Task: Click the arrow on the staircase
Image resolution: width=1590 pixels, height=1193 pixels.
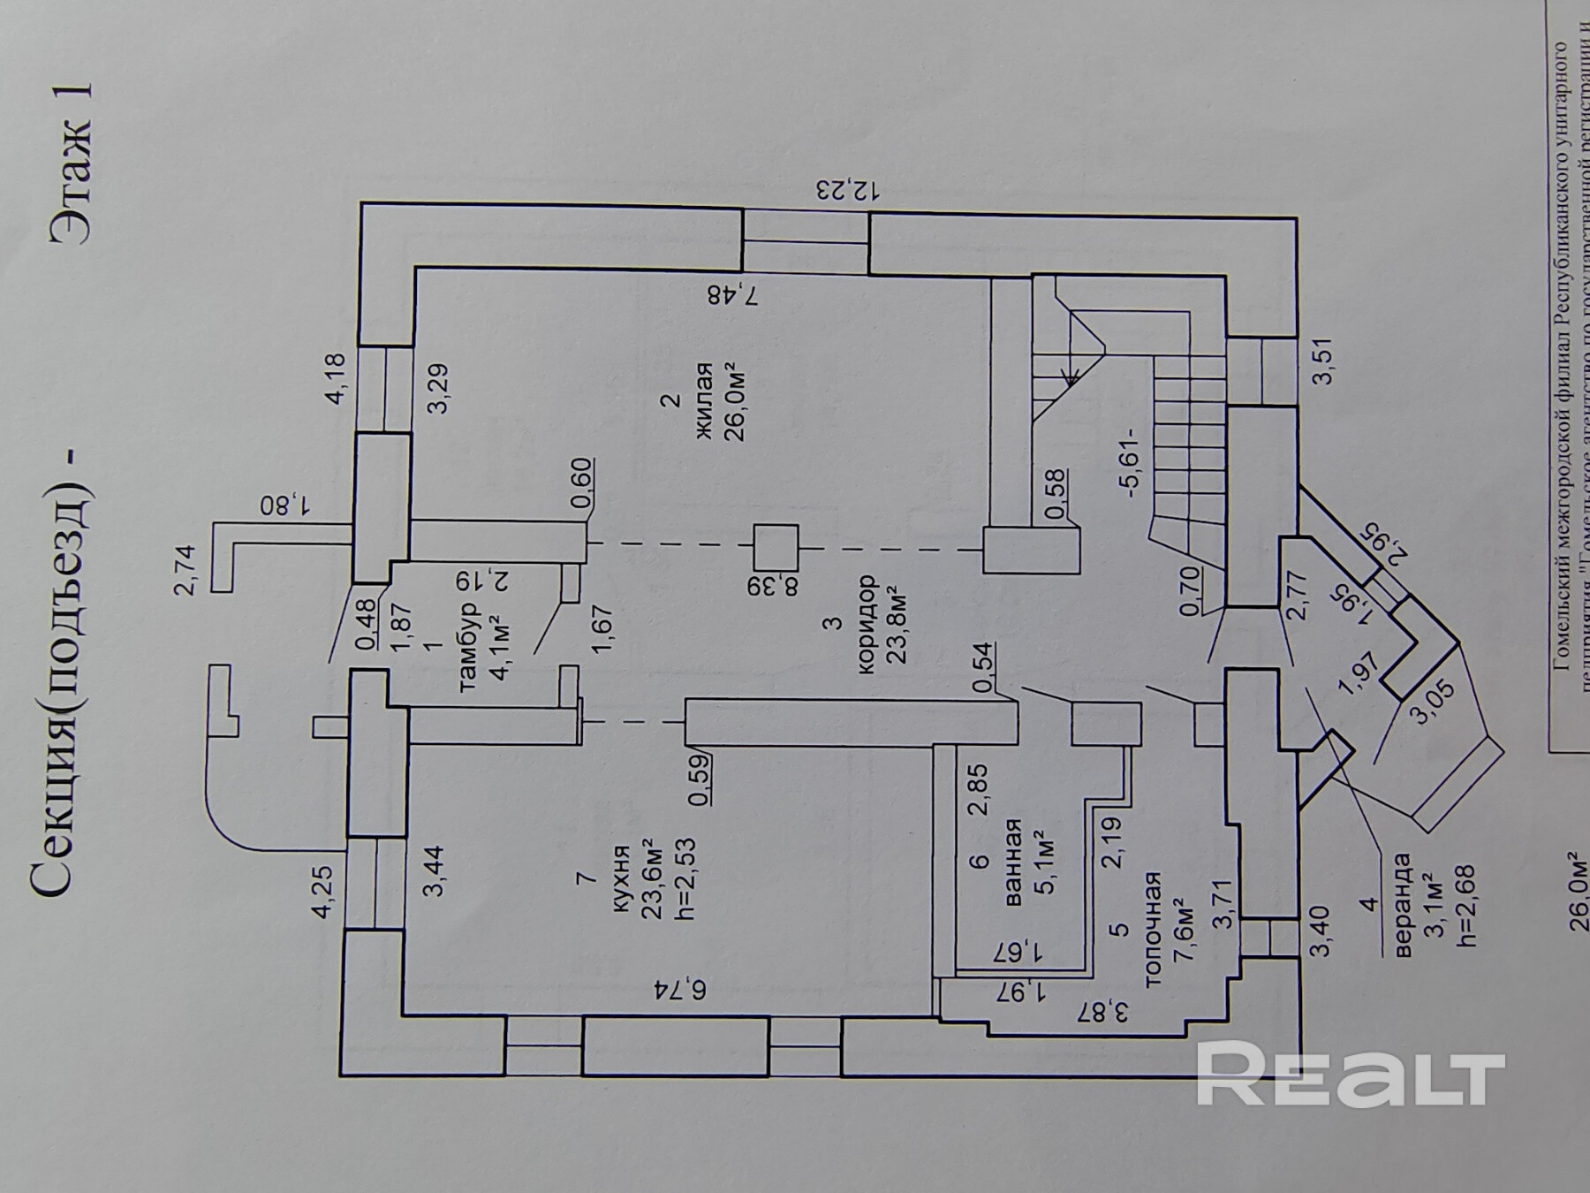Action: point(1071,380)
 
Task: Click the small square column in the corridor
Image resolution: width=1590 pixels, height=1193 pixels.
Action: point(776,548)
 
